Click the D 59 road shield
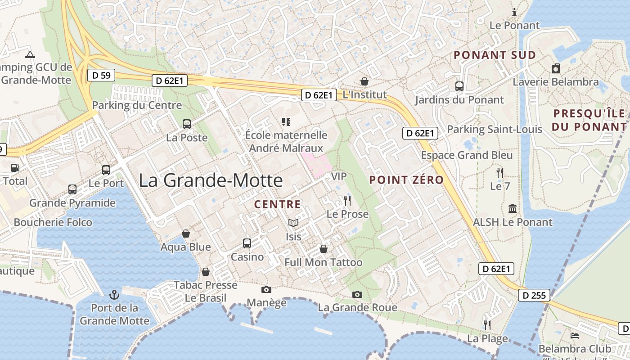[x=101, y=76]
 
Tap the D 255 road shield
[x=534, y=295]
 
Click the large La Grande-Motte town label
[x=211, y=180]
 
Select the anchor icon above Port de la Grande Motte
[x=114, y=295]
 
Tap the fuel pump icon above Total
[x=15, y=168]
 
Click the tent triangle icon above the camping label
[x=30, y=55]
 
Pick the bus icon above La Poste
[x=186, y=124]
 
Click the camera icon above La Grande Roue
[x=357, y=294]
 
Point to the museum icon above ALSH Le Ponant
[x=513, y=208]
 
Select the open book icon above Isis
[x=293, y=223]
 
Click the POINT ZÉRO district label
[x=406, y=180]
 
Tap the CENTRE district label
[x=277, y=204]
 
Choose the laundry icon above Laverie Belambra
[x=556, y=68]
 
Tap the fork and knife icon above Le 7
[x=499, y=172]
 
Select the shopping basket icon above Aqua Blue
[x=185, y=234]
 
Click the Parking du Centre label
[x=137, y=105]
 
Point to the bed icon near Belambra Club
[x=574, y=335]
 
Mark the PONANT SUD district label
[x=495, y=55]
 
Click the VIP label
[x=339, y=176]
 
